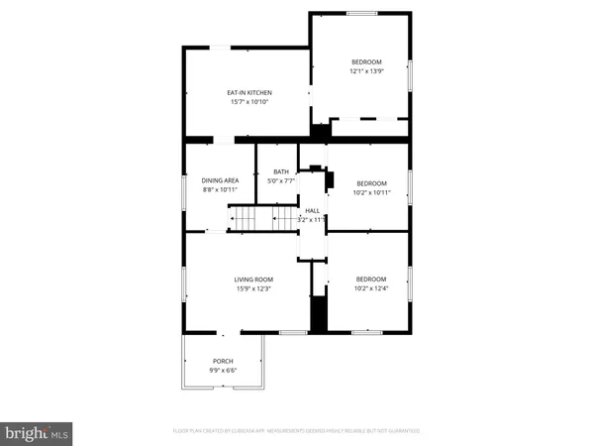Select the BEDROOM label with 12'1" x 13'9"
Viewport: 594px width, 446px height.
click(366, 61)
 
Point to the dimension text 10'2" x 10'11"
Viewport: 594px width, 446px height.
click(371, 192)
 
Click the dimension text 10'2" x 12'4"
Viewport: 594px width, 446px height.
click(371, 288)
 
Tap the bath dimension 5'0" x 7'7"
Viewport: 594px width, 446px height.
click(281, 181)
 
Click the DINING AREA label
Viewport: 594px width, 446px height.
click(220, 180)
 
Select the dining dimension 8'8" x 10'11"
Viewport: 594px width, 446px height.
click(220, 189)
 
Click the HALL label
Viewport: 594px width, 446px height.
click(312, 211)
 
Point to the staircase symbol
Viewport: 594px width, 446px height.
click(262, 218)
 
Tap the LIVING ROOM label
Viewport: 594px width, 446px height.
click(252, 279)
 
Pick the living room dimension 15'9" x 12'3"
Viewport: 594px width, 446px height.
click(252, 288)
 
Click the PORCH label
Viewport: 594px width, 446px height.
click(224, 361)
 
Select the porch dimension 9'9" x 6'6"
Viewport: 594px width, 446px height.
click(224, 370)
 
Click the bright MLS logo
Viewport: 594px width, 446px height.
click(38, 432)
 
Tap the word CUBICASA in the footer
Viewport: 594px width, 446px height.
click(258, 431)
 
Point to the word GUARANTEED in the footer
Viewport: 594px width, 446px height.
click(400, 431)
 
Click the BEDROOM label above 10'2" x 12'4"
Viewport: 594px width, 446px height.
click(371, 279)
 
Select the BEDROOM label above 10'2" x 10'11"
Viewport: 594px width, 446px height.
click(371, 183)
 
